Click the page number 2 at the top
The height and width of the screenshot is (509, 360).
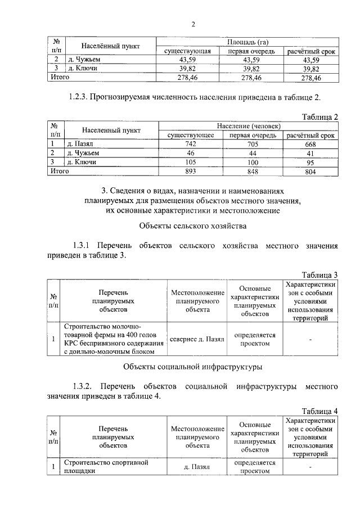point(192,24)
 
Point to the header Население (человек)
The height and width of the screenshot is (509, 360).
point(247,127)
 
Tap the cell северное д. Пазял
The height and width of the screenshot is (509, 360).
point(197,340)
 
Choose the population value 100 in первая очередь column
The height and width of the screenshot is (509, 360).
point(251,162)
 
